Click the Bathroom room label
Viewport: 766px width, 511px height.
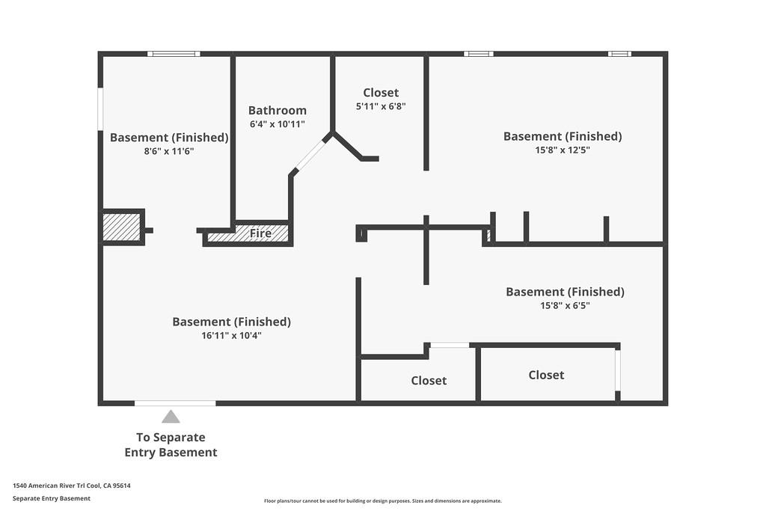(x=277, y=111)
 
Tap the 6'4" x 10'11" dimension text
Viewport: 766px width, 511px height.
(x=277, y=124)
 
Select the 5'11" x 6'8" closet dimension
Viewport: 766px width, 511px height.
(x=381, y=106)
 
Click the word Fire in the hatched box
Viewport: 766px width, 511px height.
(x=260, y=233)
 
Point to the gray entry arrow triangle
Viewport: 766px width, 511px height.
(x=171, y=417)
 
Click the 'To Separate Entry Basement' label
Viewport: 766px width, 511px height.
(x=171, y=444)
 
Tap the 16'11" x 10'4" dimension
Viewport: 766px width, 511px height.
(x=232, y=336)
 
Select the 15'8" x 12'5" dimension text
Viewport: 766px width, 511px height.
(x=563, y=150)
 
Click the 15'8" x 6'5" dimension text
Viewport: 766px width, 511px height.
(x=565, y=306)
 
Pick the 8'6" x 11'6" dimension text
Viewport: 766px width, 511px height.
(x=169, y=151)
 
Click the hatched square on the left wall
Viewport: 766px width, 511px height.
(x=121, y=227)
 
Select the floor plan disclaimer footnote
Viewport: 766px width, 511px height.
(x=382, y=501)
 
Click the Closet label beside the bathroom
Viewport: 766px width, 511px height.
(x=381, y=92)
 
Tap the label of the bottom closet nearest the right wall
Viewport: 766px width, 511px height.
(x=546, y=375)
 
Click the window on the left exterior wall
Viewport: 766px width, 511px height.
(x=100, y=109)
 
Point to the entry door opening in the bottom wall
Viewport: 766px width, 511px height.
(x=175, y=403)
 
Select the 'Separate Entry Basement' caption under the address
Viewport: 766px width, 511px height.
(x=52, y=498)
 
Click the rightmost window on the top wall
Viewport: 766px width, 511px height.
(x=619, y=54)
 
